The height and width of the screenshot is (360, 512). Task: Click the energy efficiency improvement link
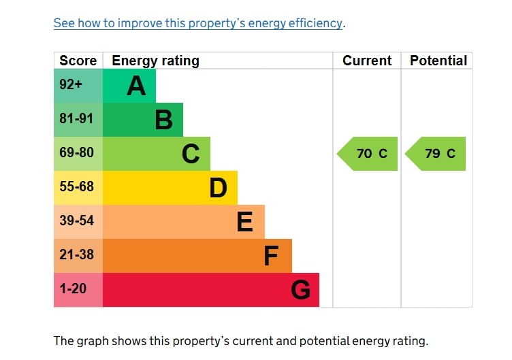pos(197,23)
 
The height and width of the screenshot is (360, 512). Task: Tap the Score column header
pos(78,61)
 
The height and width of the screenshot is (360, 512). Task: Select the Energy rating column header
pos(155,61)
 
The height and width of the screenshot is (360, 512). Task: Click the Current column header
pos(367,61)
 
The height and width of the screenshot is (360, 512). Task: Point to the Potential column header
pos(438,61)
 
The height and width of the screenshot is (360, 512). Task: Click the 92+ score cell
pos(71,86)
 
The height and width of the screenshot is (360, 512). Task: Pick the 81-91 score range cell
pos(76,119)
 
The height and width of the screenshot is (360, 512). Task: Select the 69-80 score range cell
pos(76,153)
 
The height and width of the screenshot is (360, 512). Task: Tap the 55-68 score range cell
pos(76,187)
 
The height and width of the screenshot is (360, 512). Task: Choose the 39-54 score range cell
pos(76,221)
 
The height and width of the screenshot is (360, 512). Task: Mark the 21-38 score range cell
pos(76,255)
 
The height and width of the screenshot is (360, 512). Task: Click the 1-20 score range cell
pos(73,289)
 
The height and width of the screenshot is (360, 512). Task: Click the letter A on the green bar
pos(136,86)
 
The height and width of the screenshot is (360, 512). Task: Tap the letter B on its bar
pos(163,120)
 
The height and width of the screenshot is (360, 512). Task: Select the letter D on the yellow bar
pos(218,188)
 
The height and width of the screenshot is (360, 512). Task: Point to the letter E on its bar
pos(244,222)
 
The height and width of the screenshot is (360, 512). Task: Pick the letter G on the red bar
pos(300,291)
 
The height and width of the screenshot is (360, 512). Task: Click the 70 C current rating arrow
pos(368,154)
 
